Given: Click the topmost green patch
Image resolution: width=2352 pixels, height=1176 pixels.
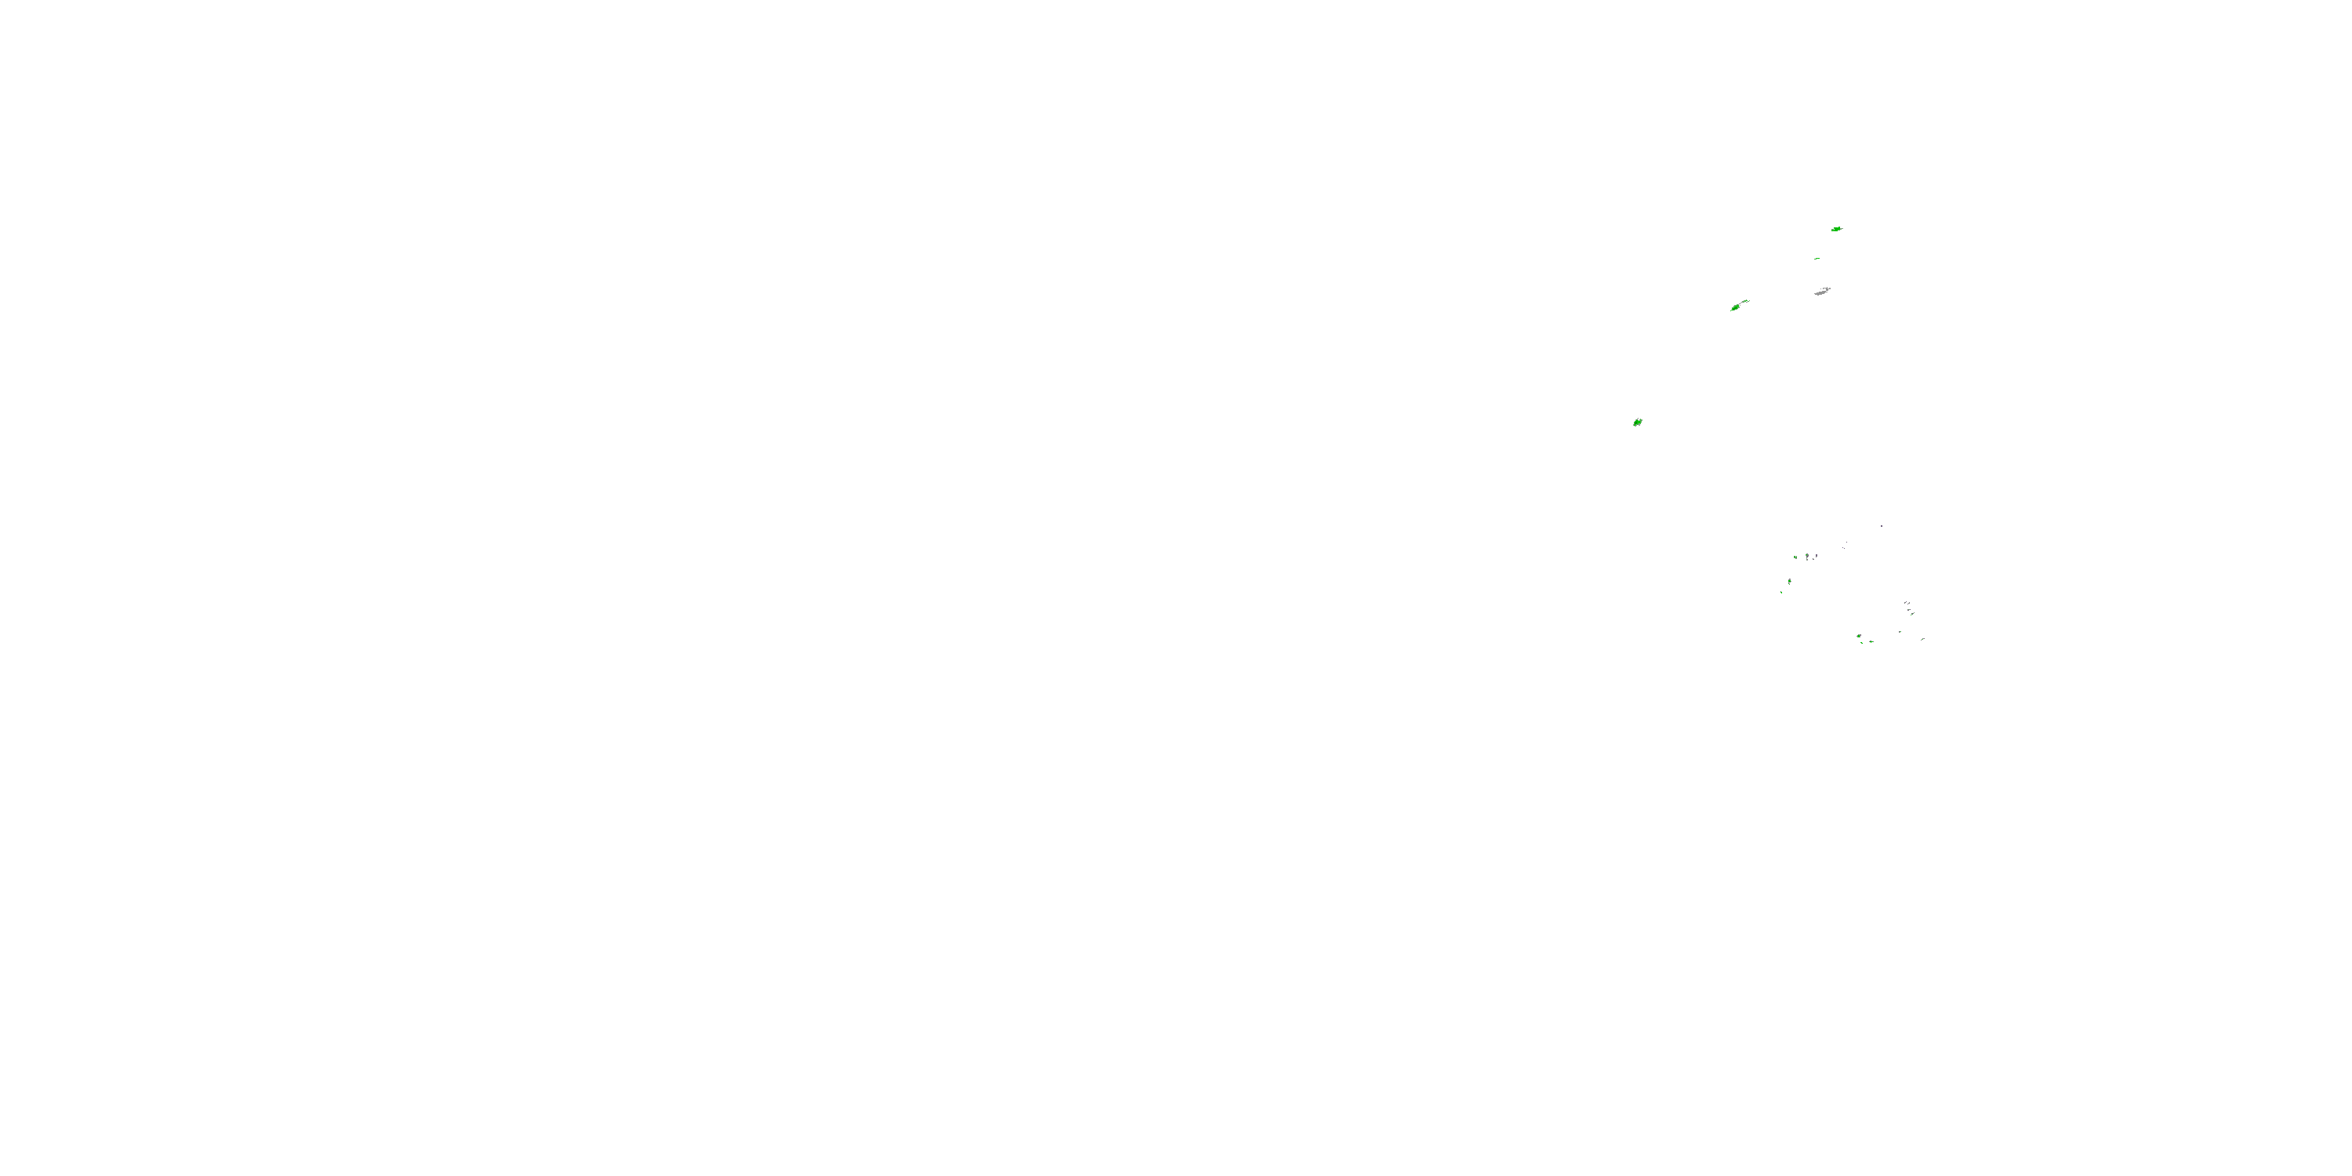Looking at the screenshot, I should click(x=1837, y=229).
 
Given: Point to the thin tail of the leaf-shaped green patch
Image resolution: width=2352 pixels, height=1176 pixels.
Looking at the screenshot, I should click(x=1746, y=301).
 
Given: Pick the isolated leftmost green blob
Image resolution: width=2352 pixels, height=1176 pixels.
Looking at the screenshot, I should click(x=1637, y=422).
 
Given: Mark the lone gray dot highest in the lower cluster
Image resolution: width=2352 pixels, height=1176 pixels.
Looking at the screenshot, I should click(x=1882, y=526).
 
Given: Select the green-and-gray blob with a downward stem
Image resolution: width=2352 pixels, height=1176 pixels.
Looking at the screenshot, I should click(x=1808, y=556).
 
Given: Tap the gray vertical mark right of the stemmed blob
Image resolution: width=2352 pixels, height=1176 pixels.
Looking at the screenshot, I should click(x=1817, y=556).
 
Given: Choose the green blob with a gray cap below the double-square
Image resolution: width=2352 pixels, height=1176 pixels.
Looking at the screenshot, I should click(x=1790, y=582).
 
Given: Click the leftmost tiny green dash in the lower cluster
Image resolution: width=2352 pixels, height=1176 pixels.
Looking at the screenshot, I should click(x=1781, y=593).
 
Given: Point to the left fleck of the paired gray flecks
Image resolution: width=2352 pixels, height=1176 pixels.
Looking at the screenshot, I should click(x=1906, y=603).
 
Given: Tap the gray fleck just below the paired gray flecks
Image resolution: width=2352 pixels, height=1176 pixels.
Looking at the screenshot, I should click(x=1909, y=610).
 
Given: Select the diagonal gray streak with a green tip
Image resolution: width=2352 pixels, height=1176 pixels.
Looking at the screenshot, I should click(x=1913, y=615).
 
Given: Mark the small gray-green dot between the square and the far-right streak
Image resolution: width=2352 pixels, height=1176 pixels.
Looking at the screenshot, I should click(x=1900, y=632).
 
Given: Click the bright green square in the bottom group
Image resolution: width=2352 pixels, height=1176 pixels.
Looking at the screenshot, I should click(x=1859, y=637).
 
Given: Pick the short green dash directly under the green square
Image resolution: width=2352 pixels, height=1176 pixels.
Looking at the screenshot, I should click(x=1862, y=643).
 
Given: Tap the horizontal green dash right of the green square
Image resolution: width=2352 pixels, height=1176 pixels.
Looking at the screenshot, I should click(x=1871, y=642).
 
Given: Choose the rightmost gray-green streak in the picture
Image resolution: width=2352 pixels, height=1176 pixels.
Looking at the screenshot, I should click(x=1923, y=639).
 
